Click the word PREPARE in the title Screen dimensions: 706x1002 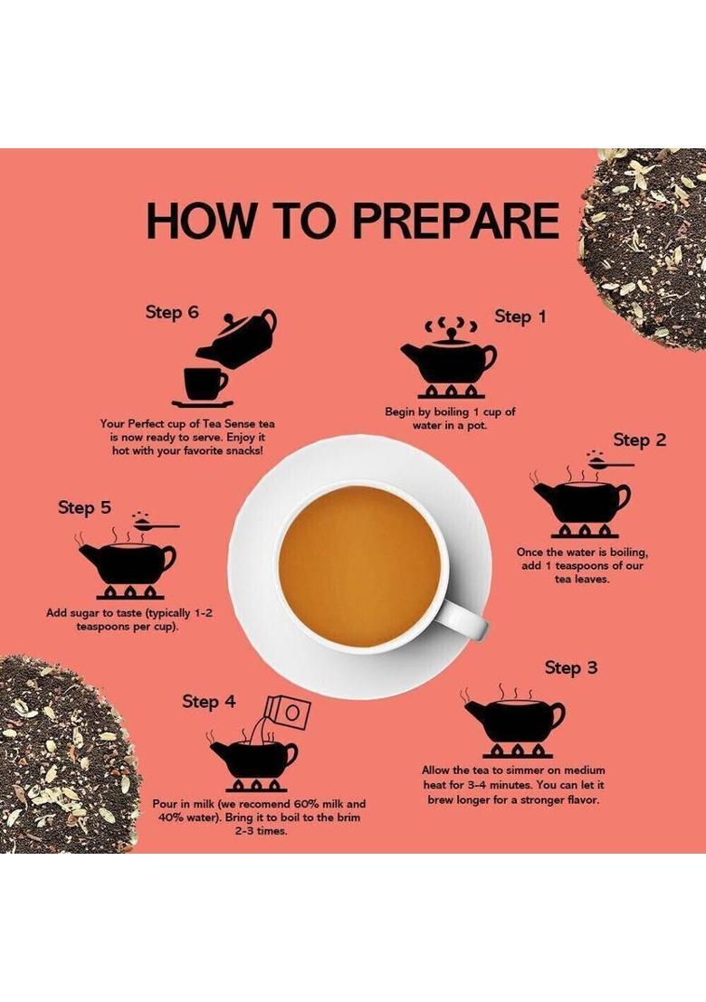tap(456, 221)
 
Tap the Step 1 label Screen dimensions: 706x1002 tap(520, 317)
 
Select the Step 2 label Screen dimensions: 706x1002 tap(640, 440)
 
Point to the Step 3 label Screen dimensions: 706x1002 tap(571, 667)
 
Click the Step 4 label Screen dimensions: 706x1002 tap(208, 702)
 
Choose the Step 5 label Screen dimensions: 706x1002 tap(84, 507)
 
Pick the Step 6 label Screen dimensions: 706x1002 tap(172, 313)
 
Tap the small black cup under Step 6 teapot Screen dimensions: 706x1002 tap(205, 384)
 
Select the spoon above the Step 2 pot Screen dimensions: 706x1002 tap(610, 463)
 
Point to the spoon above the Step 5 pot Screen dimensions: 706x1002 tap(156, 525)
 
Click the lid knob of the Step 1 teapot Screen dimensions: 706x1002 tap(452, 333)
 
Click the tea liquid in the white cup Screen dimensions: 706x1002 tap(360, 566)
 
